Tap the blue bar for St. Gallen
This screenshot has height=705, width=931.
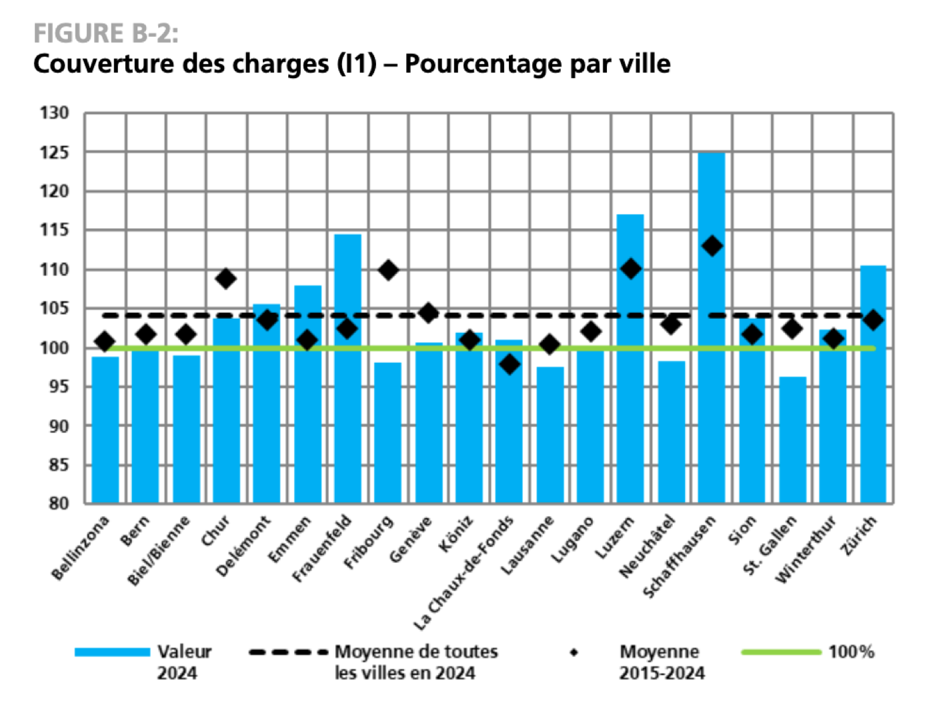pos(792,440)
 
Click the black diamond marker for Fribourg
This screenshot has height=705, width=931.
pos(388,270)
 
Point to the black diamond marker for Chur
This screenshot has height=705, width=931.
pos(226,278)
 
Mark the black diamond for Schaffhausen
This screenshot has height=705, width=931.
pos(712,246)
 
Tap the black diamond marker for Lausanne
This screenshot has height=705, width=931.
pos(550,345)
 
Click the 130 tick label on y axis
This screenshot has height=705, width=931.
pos(54,113)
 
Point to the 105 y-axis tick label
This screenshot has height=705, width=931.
pos(54,308)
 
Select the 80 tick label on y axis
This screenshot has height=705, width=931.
pos(58,504)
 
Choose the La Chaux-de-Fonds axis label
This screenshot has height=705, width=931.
pos(464,574)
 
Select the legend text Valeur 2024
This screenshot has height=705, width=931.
pos(183,662)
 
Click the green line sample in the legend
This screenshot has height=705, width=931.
pos(780,652)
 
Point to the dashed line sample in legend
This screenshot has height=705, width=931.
pos(287,652)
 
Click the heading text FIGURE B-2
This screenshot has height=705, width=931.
pos(105,33)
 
